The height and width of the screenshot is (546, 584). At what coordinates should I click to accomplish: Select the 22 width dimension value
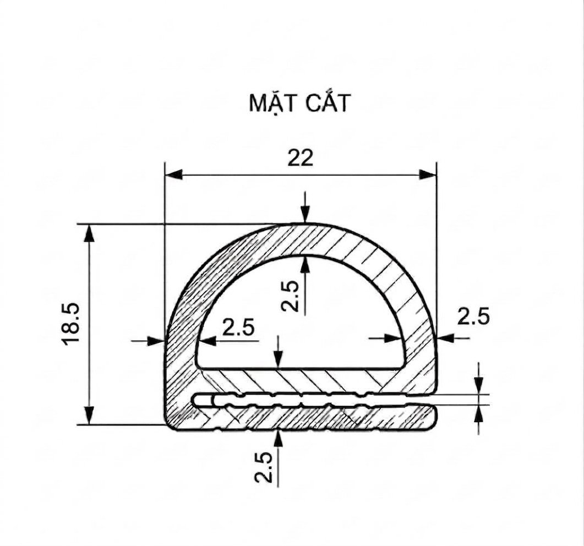[300, 158]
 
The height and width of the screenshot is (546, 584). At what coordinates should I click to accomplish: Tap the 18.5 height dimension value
[71, 324]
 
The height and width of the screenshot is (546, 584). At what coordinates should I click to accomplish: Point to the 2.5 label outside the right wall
[473, 317]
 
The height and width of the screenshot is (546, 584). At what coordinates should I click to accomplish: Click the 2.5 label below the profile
[263, 467]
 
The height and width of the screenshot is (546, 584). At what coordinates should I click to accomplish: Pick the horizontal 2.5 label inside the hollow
[238, 327]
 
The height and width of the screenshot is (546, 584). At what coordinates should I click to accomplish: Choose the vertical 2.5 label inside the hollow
[290, 296]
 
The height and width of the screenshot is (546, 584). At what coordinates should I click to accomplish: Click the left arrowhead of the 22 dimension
[173, 174]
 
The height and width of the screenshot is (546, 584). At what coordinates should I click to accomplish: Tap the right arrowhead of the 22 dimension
[428, 174]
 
